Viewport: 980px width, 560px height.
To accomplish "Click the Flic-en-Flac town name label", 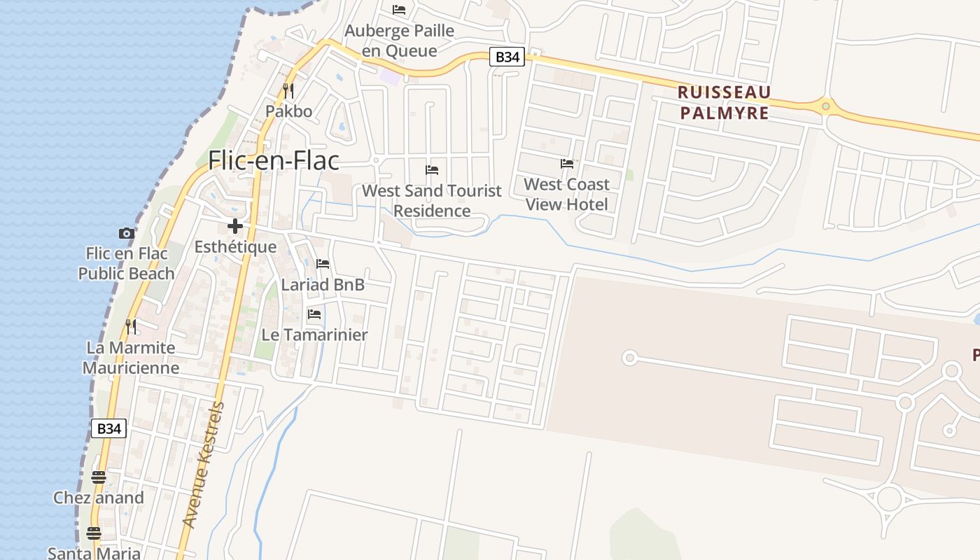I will coord(274,160).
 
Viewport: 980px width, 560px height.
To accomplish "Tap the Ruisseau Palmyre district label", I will coord(724,102).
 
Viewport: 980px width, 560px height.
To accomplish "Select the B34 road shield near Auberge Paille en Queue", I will coord(506,57).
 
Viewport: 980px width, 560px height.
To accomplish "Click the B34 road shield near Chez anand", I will coord(108,428).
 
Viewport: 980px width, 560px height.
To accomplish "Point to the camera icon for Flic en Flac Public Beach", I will coord(126,233).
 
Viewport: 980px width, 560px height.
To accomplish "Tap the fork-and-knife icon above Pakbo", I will coord(288,90).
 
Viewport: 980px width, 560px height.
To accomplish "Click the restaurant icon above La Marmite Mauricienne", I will coord(130,326).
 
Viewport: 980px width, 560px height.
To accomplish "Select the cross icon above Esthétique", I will coord(235,225).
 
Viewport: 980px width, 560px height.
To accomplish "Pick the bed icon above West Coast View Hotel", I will coord(567,164).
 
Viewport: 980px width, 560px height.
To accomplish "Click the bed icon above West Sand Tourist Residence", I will coord(432,169).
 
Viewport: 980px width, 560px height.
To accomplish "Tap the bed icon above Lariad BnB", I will coord(323,264).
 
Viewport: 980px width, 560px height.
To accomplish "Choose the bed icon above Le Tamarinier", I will coord(314,314).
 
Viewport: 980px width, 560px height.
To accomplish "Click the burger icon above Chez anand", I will coord(99,477).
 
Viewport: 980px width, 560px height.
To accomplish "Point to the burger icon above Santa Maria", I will coord(94,533).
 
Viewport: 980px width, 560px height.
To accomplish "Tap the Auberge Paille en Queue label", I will coord(400,41).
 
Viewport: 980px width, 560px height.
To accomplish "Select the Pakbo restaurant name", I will coord(288,111).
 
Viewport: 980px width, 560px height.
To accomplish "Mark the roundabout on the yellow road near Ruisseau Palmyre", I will coord(826,106).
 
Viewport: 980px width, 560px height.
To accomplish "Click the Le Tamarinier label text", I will coord(314,335).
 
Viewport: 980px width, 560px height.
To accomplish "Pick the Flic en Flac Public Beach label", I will coord(126,263).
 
